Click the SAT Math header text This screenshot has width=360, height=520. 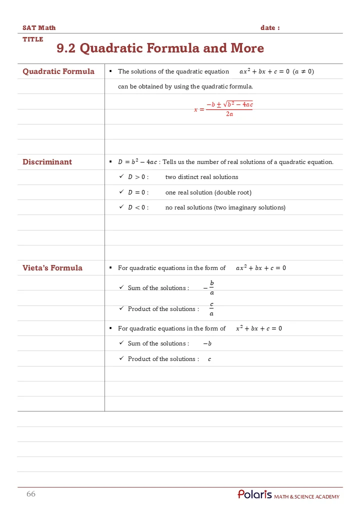pos(39,28)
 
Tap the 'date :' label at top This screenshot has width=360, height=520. pos(270,28)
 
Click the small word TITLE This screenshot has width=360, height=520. pos(33,39)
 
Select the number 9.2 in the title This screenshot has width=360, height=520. pos(66,48)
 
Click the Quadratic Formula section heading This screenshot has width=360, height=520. pos(58,71)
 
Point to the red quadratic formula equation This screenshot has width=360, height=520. pos(223,109)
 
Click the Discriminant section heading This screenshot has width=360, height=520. pos(47,162)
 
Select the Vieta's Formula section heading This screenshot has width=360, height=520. pos(52,268)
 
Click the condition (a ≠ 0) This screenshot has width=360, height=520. pos(303,71)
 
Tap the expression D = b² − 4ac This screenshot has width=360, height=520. pos(137,162)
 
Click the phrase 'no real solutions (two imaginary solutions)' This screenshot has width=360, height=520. pos(225,207)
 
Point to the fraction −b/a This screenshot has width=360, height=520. pos(209,288)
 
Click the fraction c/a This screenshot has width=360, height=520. pos(211,309)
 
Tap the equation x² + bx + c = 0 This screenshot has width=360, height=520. pos(258,328)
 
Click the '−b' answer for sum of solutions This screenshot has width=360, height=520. pos(207,343)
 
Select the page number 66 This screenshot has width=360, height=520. pos(31,494)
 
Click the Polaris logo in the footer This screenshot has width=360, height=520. pos(254,494)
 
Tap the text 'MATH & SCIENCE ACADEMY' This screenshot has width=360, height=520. pos(306,496)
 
